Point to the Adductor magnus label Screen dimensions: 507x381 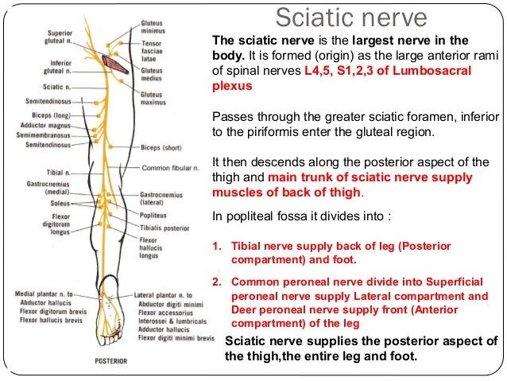[50, 124]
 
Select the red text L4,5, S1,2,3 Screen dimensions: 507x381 [335, 71]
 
